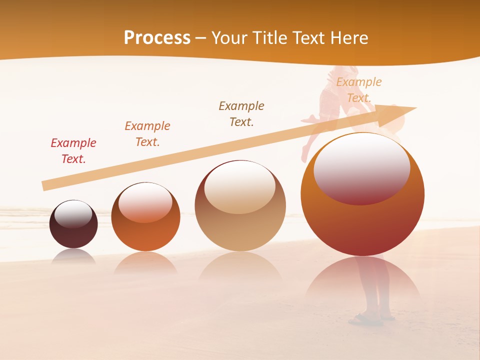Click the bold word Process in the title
coord(157,38)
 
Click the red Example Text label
coord(73,151)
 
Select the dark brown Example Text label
coord(241,114)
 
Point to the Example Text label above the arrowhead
coord(359,90)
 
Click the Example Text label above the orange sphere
coord(147,134)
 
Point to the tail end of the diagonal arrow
coord(44,186)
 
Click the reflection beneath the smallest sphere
coord(73,255)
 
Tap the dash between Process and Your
coord(201,38)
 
